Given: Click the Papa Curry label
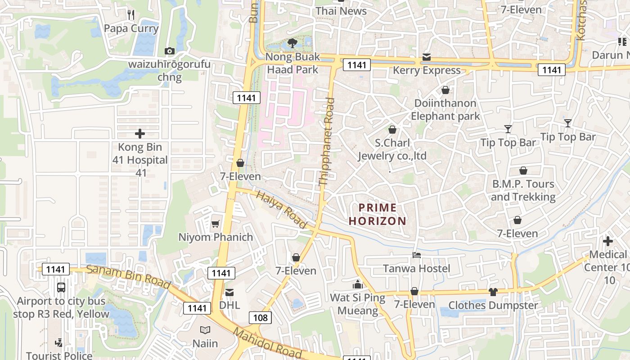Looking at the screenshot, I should point(131,29).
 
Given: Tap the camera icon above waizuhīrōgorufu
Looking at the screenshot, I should point(170,51).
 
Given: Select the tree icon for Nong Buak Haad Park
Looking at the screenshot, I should point(292,43).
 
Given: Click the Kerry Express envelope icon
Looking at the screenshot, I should point(426,57).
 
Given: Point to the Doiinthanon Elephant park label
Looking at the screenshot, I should point(445,109).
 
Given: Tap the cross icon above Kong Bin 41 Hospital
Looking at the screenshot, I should point(140,134).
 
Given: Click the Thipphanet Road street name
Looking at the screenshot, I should point(327,142).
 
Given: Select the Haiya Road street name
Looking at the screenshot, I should point(281,209).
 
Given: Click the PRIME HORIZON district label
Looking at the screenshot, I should point(378,214).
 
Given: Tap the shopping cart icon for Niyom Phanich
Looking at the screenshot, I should point(216,224).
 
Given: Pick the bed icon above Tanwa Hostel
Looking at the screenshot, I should point(417,255).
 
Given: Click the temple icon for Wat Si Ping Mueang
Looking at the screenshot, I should point(358,284).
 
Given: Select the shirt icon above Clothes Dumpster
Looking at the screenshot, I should point(493,292).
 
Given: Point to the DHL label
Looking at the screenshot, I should point(229,305).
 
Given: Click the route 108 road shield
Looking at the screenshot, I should point(260,318).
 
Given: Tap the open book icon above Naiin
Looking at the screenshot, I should point(205,330).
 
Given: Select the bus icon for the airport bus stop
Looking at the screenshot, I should point(61,287).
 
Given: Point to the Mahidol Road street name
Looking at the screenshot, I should point(267,343).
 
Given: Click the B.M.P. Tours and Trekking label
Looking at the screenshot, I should point(523,190).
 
